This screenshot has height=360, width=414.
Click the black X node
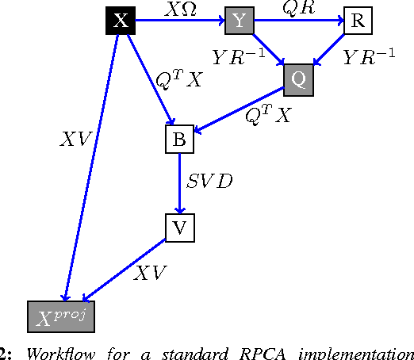coord(121,21)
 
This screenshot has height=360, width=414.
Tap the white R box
coord(357,21)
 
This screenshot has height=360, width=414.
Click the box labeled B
coord(179,140)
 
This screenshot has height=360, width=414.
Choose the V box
coord(179,228)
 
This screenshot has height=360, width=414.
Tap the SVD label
coord(209,182)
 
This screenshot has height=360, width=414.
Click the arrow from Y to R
coord(297,21)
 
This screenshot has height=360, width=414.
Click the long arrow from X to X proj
coord(91,167)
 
